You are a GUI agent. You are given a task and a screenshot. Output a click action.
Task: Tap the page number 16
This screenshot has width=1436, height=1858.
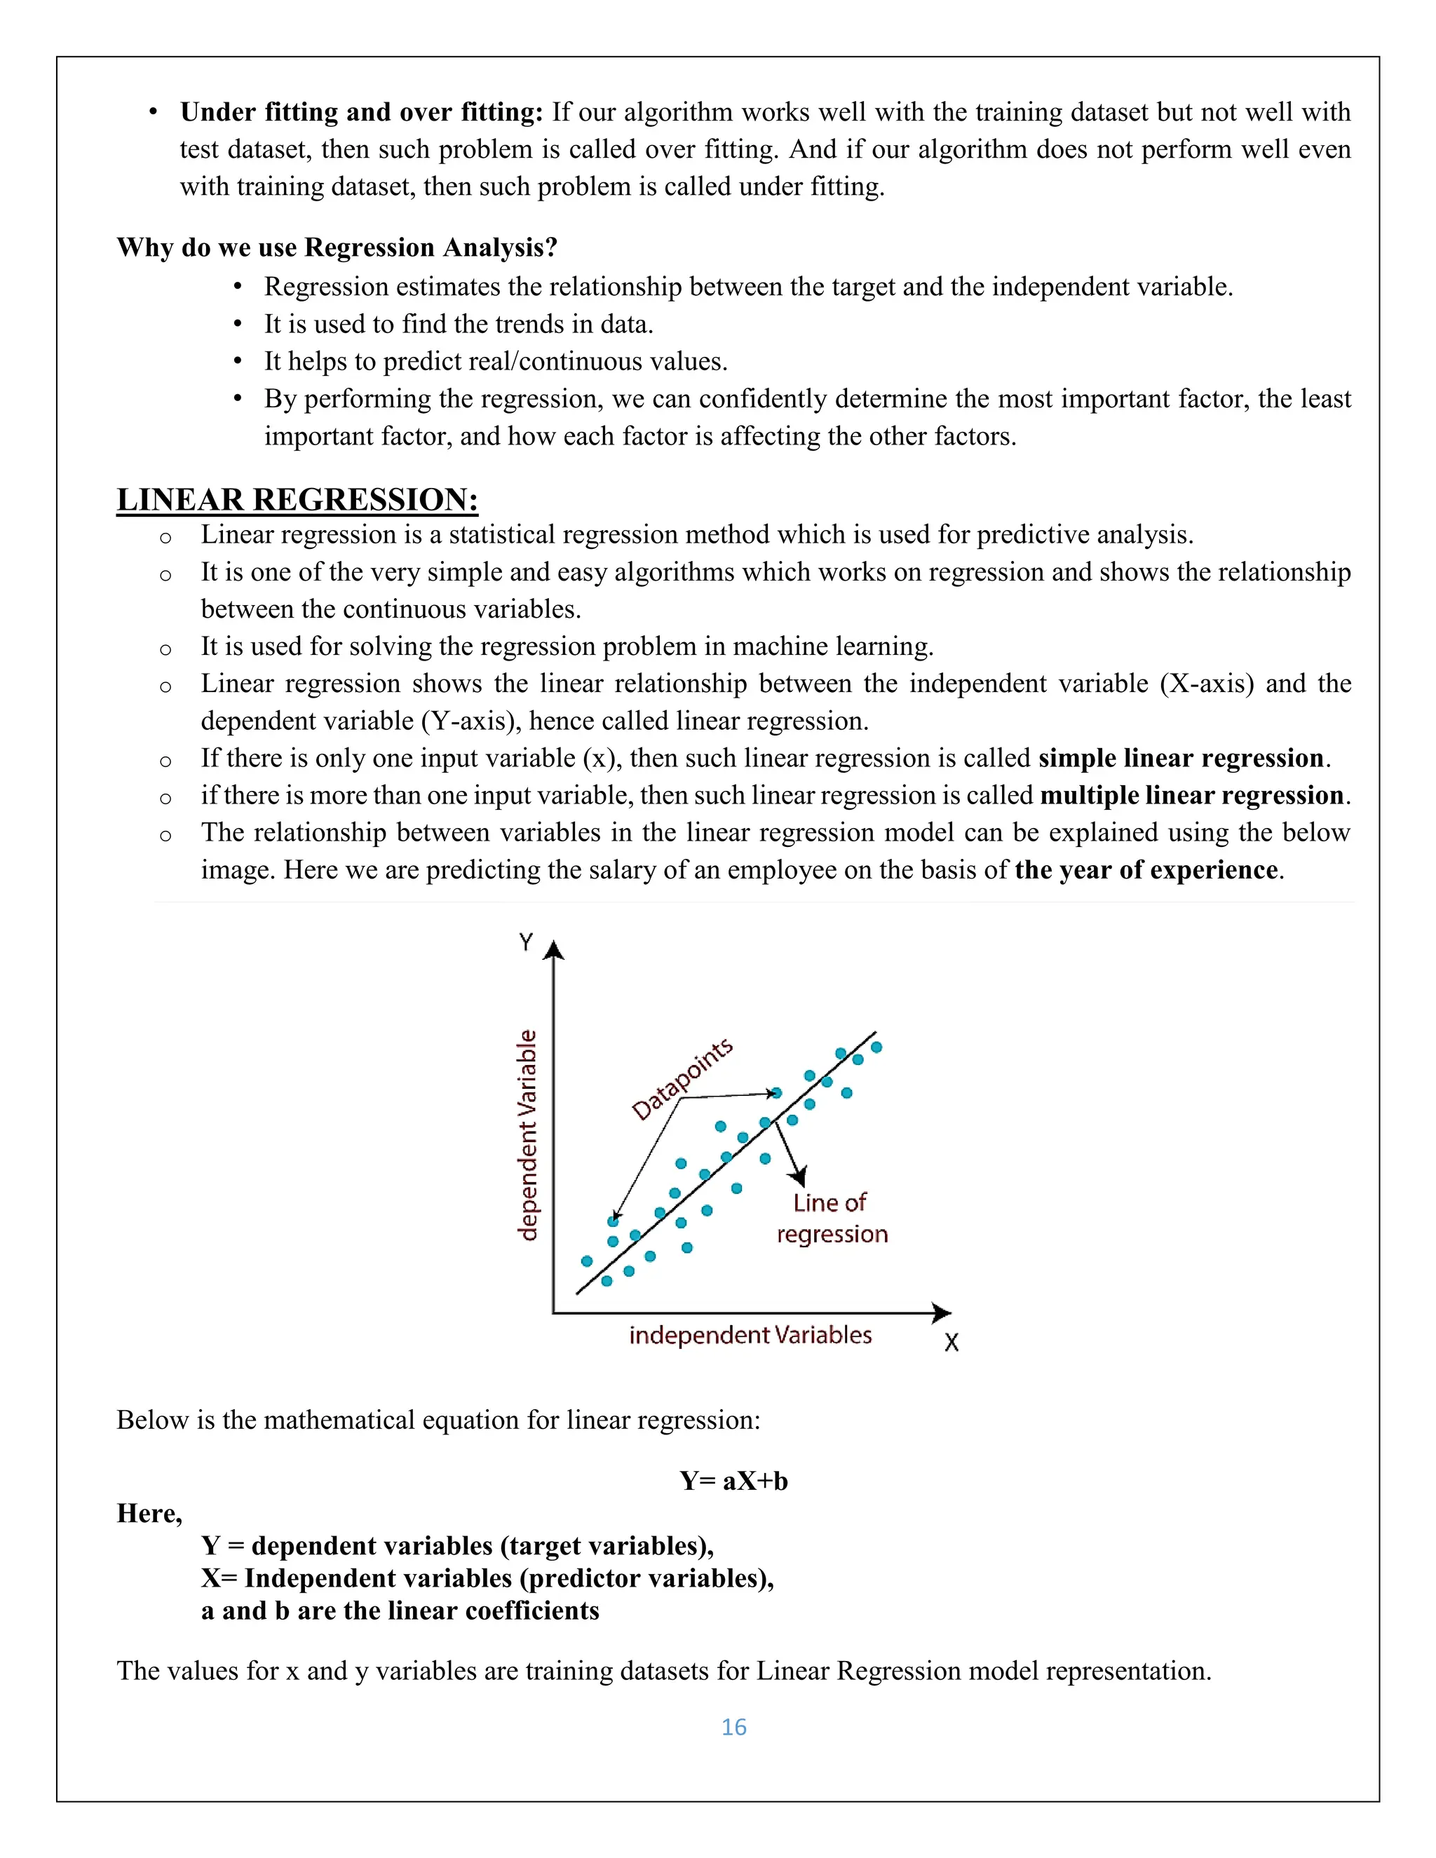click(x=733, y=1727)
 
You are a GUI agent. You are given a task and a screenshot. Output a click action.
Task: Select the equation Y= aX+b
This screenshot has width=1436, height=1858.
click(x=733, y=1481)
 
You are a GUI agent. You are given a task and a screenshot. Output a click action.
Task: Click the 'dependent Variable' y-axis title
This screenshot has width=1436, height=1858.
click(x=528, y=1135)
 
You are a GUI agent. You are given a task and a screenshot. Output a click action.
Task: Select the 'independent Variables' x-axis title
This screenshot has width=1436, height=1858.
click(x=750, y=1335)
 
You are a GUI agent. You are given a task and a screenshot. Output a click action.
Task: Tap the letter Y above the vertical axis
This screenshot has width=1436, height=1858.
click(x=526, y=942)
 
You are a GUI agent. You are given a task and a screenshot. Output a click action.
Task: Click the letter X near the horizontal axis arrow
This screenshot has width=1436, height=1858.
click(x=951, y=1343)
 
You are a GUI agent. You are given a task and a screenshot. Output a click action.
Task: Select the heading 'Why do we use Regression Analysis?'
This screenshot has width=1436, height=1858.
click(x=337, y=247)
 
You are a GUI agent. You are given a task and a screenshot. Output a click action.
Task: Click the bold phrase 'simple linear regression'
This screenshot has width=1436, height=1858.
click(x=1181, y=758)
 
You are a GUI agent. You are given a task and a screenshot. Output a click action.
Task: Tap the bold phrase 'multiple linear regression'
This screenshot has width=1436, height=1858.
click(x=1193, y=796)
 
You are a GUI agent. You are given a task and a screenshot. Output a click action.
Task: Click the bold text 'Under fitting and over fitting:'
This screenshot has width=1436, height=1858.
click(x=360, y=112)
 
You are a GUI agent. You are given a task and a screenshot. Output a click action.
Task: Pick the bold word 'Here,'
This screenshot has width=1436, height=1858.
click(x=150, y=1514)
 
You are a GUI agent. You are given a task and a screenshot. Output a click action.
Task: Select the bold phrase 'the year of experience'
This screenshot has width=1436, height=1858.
click(x=1146, y=870)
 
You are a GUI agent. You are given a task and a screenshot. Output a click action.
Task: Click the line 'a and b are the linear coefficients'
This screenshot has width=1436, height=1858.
click(x=400, y=1611)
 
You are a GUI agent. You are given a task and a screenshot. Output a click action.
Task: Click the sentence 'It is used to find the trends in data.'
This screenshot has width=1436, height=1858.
click(x=459, y=324)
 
